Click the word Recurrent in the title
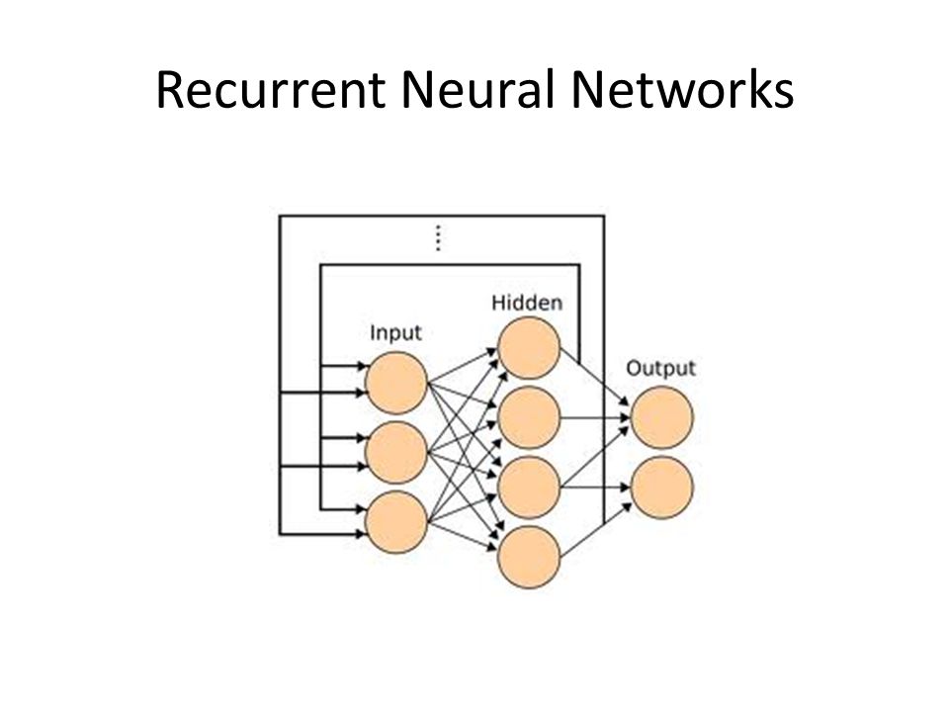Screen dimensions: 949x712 tap(271, 90)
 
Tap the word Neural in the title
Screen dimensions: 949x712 tap(477, 90)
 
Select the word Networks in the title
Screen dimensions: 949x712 tap(682, 90)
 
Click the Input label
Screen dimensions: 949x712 tap(395, 333)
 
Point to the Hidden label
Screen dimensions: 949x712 tap(527, 303)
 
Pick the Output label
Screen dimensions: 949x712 tap(661, 368)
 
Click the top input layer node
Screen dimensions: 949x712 tap(396, 384)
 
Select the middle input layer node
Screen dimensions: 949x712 tap(396, 453)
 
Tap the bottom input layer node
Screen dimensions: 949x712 tap(396, 522)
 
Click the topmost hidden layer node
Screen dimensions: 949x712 tap(528, 349)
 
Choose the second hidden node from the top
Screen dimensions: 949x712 tap(528, 417)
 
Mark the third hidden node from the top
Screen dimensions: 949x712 tap(528, 488)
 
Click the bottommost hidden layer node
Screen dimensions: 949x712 tap(528, 557)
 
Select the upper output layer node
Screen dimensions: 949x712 tap(661, 417)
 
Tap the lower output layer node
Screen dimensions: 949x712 tap(661, 488)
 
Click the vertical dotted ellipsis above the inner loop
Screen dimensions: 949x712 tap(438, 237)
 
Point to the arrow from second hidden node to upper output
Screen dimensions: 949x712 tap(595, 417)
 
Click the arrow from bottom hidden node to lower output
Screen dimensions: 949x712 tap(595, 530)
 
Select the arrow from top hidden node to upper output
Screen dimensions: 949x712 tap(595, 376)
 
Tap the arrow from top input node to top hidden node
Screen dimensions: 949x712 tap(463, 366)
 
